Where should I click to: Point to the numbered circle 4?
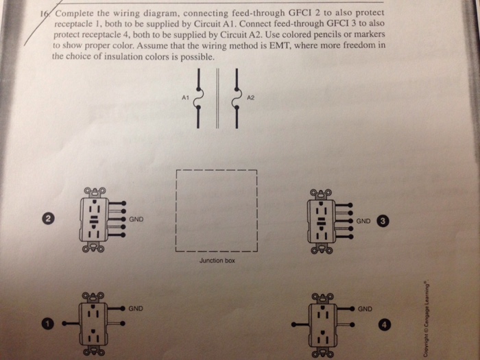pyautogui.click(x=384, y=323)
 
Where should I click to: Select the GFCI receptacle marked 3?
pyautogui.click(x=321, y=221)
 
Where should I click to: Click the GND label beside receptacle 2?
pyautogui.click(x=136, y=219)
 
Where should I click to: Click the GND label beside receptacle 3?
pyautogui.click(x=363, y=221)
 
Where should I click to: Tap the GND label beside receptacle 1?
pyautogui.click(x=136, y=309)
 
